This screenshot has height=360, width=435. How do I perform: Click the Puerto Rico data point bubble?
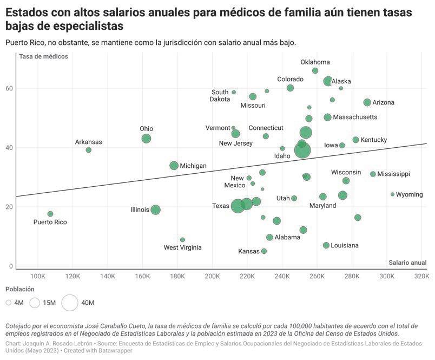coord(50,214)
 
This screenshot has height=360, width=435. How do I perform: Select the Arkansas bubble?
coord(89,150)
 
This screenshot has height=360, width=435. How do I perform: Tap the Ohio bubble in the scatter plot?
coord(146,139)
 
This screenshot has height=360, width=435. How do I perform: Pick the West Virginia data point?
coord(182,240)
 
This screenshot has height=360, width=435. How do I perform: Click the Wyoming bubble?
coord(393,194)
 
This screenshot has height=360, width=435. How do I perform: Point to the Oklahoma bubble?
coord(315,71)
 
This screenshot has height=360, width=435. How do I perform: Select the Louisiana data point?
coord(326,245)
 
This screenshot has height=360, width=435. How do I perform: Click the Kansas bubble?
coord(264,251)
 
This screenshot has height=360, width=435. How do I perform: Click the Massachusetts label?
coord(355,117)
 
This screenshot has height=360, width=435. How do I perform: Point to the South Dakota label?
coord(220,95)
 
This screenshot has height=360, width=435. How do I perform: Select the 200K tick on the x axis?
coord(212,277)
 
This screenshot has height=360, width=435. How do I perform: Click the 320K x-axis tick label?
coord(421,277)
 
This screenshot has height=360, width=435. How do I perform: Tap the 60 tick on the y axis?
coord(9,88)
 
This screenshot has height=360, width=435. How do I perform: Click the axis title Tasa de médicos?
coord(43,57)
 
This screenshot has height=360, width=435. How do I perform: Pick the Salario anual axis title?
coord(407,263)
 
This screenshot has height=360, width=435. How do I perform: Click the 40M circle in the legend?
coord(70,303)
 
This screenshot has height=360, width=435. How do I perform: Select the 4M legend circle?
coord(9,303)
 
